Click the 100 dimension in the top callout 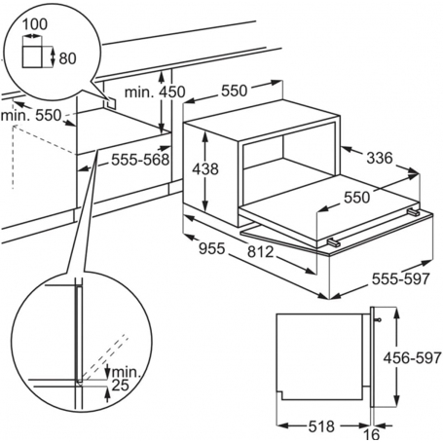tap(35, 24)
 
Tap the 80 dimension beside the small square tap(67, 58)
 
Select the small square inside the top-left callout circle tap(32, 56)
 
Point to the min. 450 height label tap(155, 92)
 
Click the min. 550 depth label tap(31, 115)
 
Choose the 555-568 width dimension tap(140, 160)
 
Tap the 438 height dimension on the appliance tap(205, 168)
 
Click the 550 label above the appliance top tap(235, 91)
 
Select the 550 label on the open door tap(356, 197)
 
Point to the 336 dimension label tap(380, 158)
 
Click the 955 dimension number tap(211, 248)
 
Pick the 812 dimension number tap(260, 251)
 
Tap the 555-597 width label tap(401, 278)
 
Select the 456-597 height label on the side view tap(413, 358)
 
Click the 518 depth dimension tap(321, 425)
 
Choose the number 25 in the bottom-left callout tap(121, 386)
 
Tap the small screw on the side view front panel tap(378, 320)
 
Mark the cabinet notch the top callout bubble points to tap(110, 101)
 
